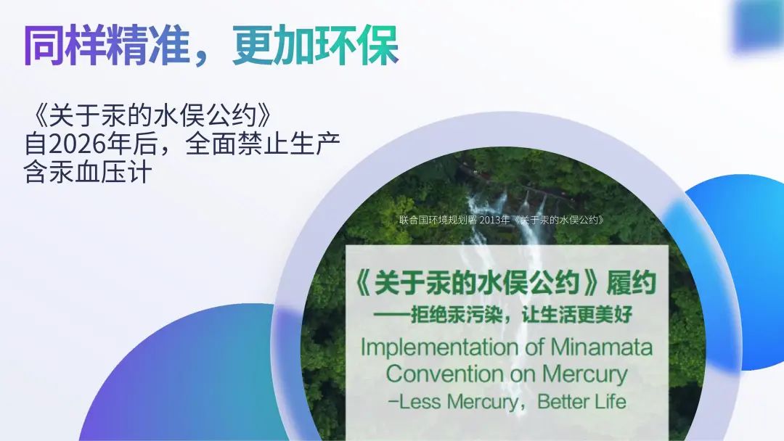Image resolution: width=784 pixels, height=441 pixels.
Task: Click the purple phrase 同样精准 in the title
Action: click(x=107, y=46)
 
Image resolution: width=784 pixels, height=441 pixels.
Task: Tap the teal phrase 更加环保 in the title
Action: click(x=316, y=46)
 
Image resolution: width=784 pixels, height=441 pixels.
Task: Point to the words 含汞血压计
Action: click(x=88, y=173)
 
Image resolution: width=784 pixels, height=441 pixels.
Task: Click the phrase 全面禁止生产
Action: click(x=263, y=144)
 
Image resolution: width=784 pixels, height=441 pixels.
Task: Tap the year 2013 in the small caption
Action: click(x=494, y=220)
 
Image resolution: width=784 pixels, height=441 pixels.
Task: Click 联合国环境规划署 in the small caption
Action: click(x=438, y=220)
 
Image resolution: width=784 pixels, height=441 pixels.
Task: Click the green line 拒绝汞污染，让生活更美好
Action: click(x=521, y=315)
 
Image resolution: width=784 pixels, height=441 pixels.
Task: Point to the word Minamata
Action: click(x=602, y=347)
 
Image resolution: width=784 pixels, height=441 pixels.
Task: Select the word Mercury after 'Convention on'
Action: click(x=584, y=374)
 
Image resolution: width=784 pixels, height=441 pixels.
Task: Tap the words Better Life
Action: click(x=581, y=402)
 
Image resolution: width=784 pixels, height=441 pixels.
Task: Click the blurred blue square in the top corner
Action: click(x=758, y=25)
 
